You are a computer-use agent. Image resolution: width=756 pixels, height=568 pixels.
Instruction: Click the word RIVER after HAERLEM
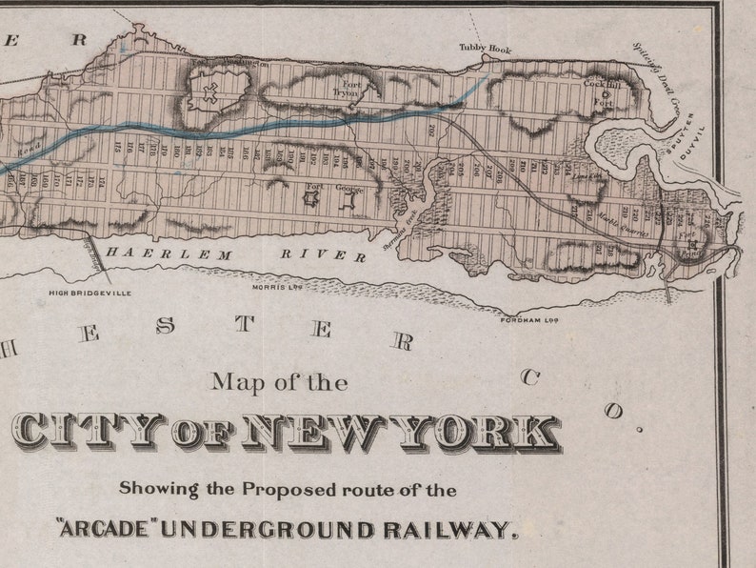pyautogui.click(x=323, y=254)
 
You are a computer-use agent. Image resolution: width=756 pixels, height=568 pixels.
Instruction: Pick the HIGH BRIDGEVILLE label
pyautogui.click(x=90, y=293)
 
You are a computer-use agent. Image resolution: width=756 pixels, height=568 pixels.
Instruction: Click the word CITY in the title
pyautogui.click(x=86, y=435)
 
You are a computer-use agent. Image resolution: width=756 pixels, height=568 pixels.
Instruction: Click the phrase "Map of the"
pyautogui.click(x=279, y=383)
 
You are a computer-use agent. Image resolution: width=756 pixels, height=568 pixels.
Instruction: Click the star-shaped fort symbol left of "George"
pyautogui.click(x=312, y=197)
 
